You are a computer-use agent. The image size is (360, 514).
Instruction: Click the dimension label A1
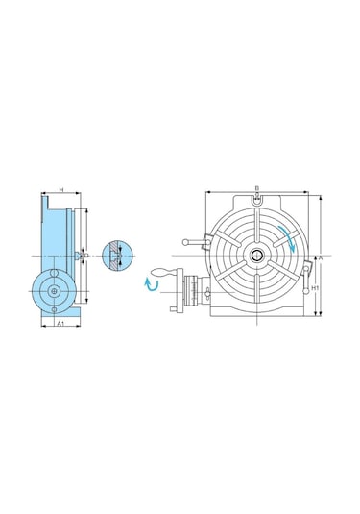click(x=60, y=325)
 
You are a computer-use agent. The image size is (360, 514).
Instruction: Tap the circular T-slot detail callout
click(x=113, y=256)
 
